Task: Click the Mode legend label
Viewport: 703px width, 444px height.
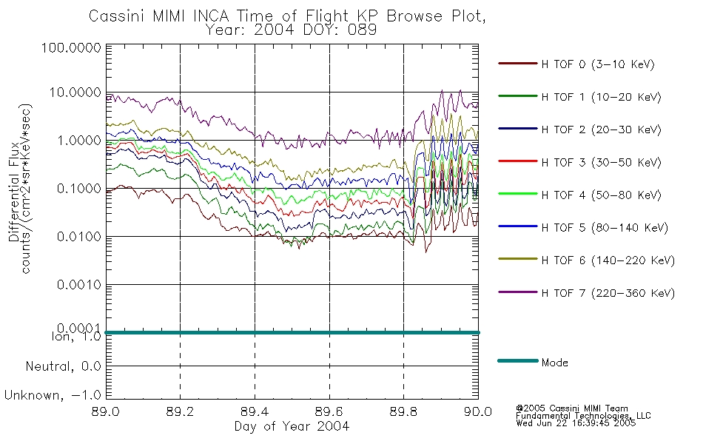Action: click(x=554, y=363)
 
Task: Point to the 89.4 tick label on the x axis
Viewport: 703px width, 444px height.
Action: click(x=255, y=411)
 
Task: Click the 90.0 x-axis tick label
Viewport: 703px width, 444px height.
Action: click(x=478, y=411)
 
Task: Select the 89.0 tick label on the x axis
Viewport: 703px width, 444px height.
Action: click(x=105, y=411)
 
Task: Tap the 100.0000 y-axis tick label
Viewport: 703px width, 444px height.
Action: click(x=71, y=47)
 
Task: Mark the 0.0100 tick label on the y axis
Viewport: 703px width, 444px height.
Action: click(x=79, y=236)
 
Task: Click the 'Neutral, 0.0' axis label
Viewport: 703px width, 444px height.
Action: click(x=63, y=366)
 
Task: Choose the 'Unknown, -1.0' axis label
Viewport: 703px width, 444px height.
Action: click(x=53, y=395)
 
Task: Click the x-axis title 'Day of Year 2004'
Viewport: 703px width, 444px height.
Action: click(x=292, y=426)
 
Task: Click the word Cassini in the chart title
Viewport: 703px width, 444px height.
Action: click(x=118, y=16)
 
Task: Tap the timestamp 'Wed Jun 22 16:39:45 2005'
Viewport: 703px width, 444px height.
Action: click(x=576, y=423)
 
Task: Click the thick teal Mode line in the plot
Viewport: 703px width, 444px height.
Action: click(x=292, y=332)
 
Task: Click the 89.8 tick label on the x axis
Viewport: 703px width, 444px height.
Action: click(x=403, y=411)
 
